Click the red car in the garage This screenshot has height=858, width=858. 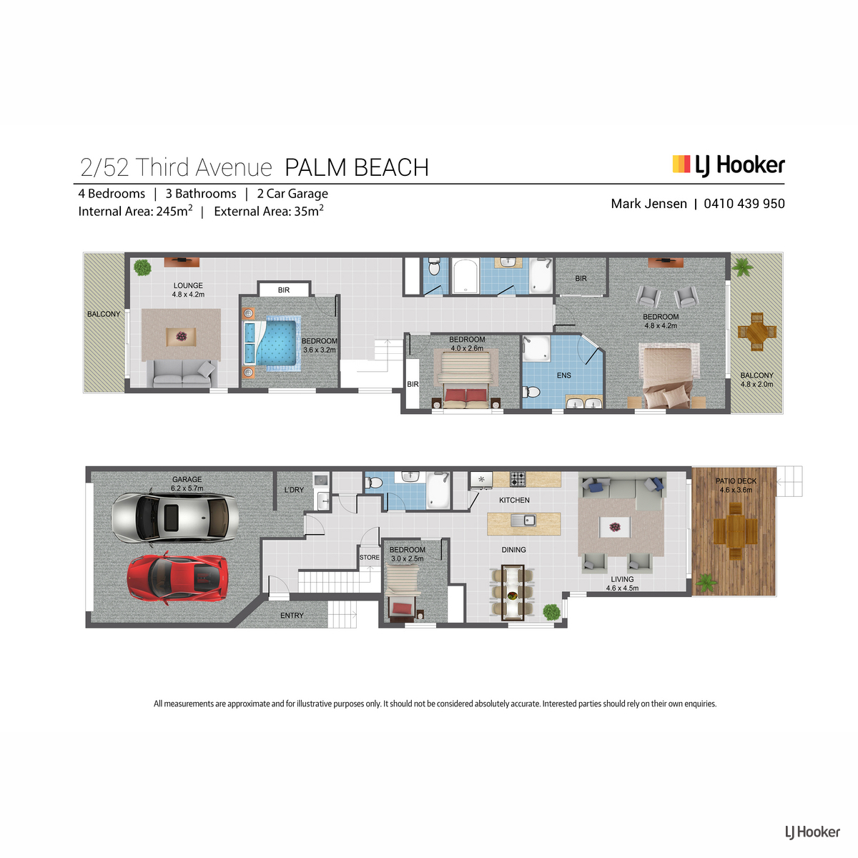click(x=177, y=578)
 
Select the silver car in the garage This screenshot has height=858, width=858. click(x=175, y=518)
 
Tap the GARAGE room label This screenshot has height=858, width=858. click(x=187, y=480)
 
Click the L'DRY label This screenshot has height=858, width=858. click(x=294, y=490)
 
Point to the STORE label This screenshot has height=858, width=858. click(x=370, y=558)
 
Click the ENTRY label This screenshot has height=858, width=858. click(x=292, y=616)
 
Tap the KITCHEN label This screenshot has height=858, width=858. click(x=514, y=500)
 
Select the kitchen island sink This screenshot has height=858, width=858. click(x=523, y=520)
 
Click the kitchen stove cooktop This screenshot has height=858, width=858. click(x=518, y=479)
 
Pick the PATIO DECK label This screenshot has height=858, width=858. click(x=736, y=481)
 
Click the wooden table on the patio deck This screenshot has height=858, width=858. click(x=736, y=531)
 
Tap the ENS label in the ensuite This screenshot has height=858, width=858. click(x=563, y=375)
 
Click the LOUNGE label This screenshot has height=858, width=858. click(x=188, y=285)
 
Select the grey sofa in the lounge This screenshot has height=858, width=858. click(x=182, y=374)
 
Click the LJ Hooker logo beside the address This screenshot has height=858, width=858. click(x=729, y=166)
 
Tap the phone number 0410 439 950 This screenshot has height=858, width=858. click(x=744, y=204)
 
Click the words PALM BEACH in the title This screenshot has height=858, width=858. click(x=357, y=168)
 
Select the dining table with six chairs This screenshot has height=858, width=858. click(x=513, y=592)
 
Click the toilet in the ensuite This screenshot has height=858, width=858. click(x=531, y=392)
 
